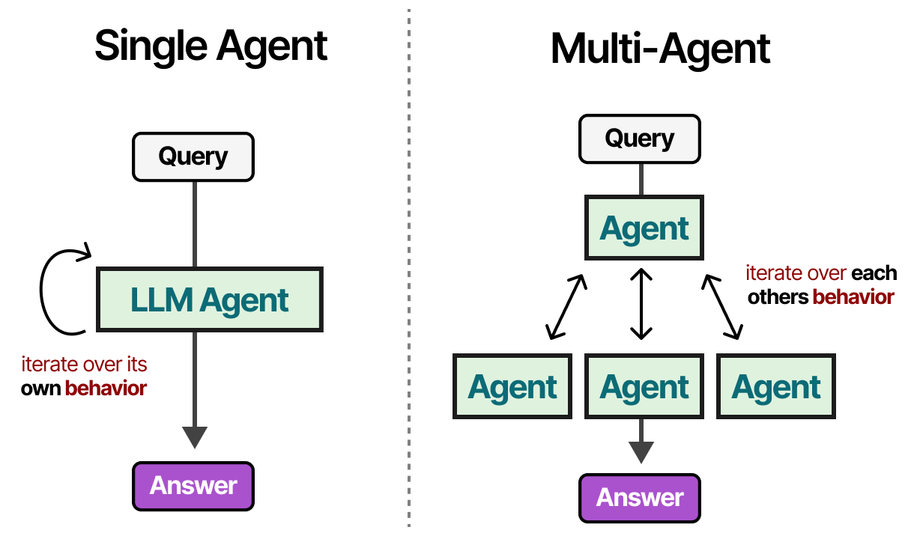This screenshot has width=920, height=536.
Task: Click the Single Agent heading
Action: (211, 46)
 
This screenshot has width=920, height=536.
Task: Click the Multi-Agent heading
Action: (660, 49)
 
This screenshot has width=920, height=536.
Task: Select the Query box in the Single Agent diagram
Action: (193, 157)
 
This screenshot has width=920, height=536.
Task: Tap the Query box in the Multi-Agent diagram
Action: (639, 138)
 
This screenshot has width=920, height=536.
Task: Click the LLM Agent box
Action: (210, 299)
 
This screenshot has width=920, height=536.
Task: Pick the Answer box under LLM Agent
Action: (193, 485)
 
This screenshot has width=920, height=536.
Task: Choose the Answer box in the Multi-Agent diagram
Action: (639, 497)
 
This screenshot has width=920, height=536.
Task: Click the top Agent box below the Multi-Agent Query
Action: (644, 228)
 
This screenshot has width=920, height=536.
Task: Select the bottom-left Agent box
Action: (512, 386)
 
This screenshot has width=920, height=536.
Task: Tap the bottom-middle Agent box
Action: (644, 386)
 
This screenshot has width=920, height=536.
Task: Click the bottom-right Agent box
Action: (776, 386)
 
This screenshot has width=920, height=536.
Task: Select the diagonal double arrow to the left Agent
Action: (566, 306)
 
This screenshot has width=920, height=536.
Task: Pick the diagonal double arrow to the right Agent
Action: (722, 306)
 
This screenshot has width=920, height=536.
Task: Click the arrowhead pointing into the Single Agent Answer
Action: (194, 436)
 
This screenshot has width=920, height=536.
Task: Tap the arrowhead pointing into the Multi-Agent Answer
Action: (640, 452)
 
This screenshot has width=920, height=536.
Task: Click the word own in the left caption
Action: (40, 389)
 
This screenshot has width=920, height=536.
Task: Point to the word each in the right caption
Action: (874, 273)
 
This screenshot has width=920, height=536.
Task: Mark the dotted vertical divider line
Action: (409, 269)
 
